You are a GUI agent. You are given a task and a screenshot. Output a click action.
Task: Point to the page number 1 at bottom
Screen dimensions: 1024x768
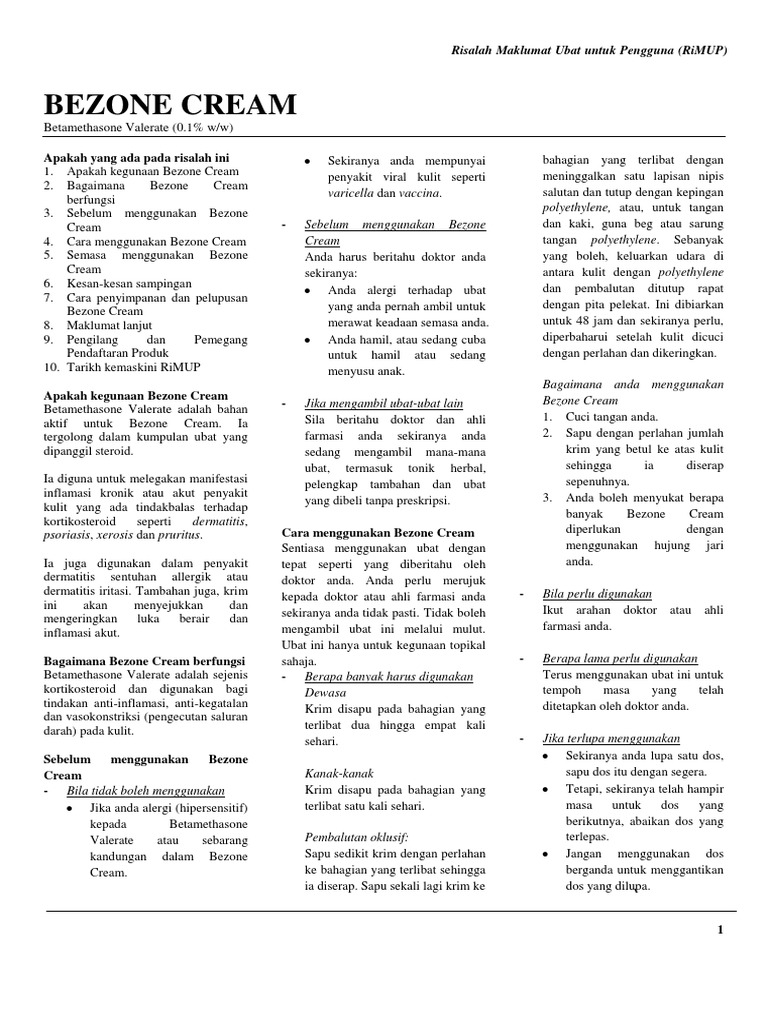[719, 929]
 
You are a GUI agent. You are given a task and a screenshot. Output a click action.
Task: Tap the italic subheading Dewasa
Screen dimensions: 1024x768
[326, 691]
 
